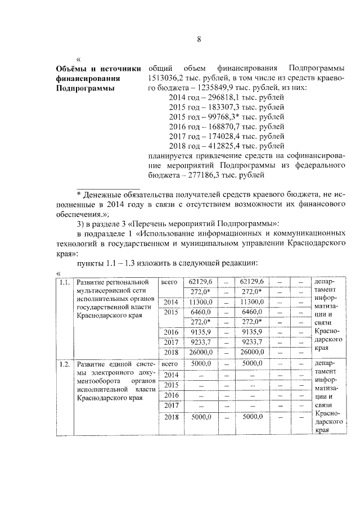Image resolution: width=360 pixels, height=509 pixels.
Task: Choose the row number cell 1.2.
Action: click(65, 364)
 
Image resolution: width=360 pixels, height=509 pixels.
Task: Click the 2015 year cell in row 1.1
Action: click(170, 312)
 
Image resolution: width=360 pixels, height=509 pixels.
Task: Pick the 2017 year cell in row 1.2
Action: click(170, 405)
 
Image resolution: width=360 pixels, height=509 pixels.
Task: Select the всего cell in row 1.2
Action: click(169, 364)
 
